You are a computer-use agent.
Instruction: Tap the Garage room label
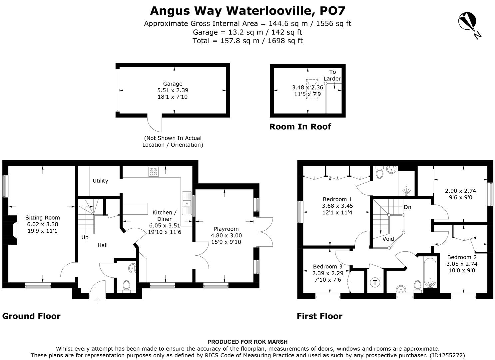pos(173,84)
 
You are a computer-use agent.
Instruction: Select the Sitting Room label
pos(43,218)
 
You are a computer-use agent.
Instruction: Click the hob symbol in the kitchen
pos(154,171)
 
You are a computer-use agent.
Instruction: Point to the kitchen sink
pos(187,203)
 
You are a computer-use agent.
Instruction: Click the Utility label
pos(100,181)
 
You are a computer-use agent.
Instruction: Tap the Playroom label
pos(226,229)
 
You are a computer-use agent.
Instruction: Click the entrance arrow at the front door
pos(97,301)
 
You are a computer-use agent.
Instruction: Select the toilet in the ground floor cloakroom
pos(126,285)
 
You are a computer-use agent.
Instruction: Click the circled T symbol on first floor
pos(375,283)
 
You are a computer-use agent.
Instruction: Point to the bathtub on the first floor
pos(430,273)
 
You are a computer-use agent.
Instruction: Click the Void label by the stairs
pos(388,239)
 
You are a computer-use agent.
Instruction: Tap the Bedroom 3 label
pos(327,266)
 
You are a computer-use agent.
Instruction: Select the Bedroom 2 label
pos(462,257)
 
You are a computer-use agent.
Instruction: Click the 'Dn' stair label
pos(407,207)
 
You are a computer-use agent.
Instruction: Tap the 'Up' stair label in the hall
pos(85,238)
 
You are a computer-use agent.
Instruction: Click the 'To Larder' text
pos(332,75)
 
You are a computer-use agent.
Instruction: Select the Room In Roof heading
pos(300,127)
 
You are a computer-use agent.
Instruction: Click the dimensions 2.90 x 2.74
pos(460,191)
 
